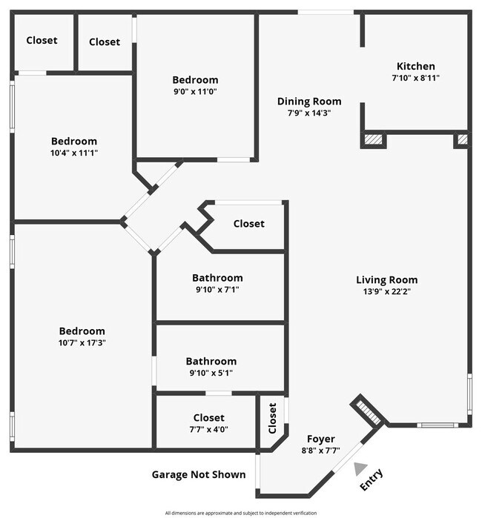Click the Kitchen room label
point(415,66)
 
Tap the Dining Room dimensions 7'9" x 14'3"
point(309,113)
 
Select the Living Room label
point(386,279)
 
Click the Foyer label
point(321,439)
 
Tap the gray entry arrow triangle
point(360,468)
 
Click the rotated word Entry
point(372,479)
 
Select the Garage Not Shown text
point(199,474)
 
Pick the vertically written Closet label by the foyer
point(272,418)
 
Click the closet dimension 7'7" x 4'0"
point(208,430)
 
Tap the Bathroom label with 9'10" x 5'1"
point(211,361)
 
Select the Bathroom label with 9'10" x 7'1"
point(217,278)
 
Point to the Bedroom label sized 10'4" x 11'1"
point(73,141)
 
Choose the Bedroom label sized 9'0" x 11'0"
point(195,80)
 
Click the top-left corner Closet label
point(42,40)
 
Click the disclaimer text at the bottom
point(240,513)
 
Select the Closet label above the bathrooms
point(248,224)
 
